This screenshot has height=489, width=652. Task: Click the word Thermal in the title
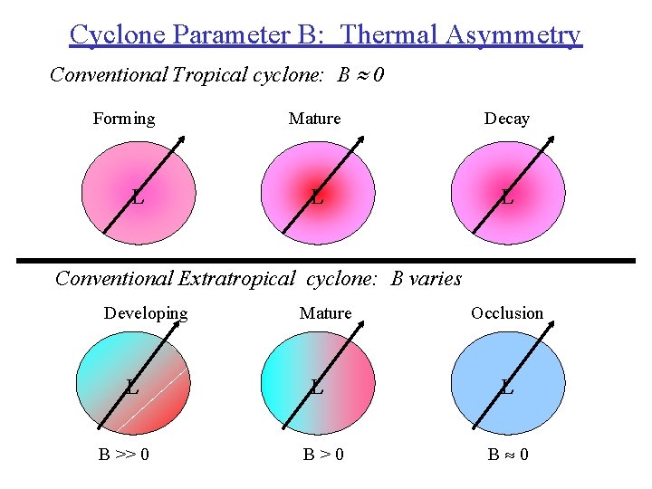coord(391,34)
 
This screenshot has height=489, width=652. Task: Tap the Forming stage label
coord(124,119)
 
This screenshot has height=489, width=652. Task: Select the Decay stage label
coord(507,119)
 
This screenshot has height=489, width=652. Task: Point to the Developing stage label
coord(146,313)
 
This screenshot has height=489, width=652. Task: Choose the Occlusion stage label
coord(507,313)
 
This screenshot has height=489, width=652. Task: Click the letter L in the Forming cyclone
coord(138,196)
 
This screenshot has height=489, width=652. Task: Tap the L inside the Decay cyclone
coord(507,196)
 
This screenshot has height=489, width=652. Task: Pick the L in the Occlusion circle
coord(507,388)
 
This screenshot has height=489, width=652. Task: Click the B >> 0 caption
coord(124,453)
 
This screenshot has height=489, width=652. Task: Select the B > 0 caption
coord(323,453)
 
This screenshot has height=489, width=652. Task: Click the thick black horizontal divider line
coord(326,260)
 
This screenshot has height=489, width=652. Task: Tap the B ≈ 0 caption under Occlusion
coord(508,453)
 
